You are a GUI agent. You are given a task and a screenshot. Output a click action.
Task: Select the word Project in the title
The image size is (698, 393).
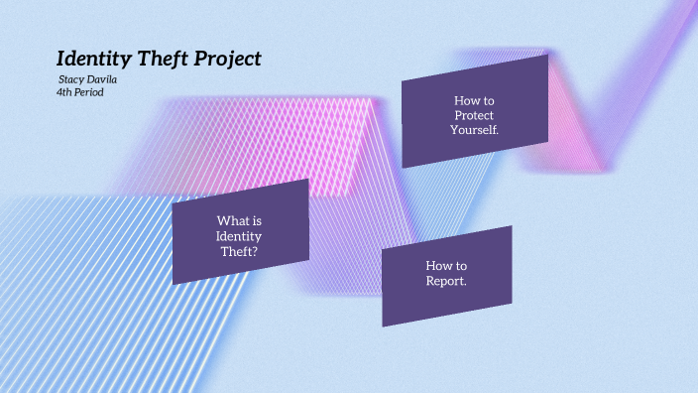pyautogui.click(x=230, y=59)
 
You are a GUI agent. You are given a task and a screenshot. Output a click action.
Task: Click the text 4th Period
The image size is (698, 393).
pyautogui.click(x=80, y=92)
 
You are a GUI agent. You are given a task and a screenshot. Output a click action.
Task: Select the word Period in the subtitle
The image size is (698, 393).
pyautogui.click(x=88, y=92)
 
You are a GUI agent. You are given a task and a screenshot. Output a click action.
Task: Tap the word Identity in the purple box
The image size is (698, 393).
pyautogui.click(x=239, y=235)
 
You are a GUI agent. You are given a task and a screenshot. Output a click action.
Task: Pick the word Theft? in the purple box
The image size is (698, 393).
pyautogui.click(x=239, y=251)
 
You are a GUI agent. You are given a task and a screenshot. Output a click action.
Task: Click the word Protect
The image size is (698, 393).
pyautogui.click(x=474, y=115)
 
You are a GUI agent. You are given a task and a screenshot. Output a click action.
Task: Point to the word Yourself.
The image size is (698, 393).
pyautogui.click(x=474, y=130)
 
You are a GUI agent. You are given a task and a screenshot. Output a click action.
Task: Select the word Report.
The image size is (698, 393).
pyautogui.click(x=446, y=281)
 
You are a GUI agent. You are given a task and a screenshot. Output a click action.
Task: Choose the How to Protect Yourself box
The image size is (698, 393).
pyautogui.click(x=475, y=111)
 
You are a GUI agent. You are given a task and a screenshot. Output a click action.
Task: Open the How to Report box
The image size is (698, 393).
pyautogui.click(x=447, y=276)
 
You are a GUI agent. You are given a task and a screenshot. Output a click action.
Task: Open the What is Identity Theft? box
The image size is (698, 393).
pyautogui.click(x=240, y=232)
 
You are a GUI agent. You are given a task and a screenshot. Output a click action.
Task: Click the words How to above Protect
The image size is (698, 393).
pyautogui.click(x=474, y=100)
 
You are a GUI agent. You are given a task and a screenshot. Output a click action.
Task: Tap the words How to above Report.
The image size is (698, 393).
pyautogui.click(x=446, y=266)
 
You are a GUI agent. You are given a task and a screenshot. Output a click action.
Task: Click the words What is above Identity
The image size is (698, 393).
pyautogui.click(x=239, y=220)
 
